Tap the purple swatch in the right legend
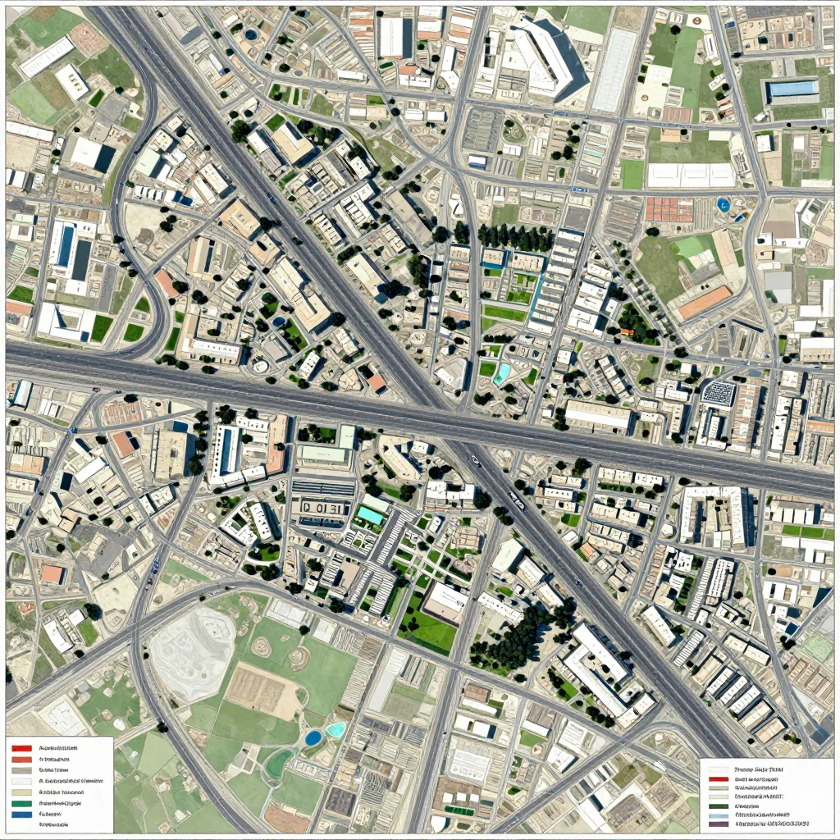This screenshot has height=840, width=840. (719, 823)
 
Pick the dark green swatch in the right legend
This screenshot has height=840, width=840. (719, 805)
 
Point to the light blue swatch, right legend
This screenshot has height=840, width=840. (719, 814)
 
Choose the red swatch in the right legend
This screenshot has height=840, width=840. (719, 778)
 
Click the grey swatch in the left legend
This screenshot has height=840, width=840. (22, 771)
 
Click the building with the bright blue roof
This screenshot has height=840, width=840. (792, 89)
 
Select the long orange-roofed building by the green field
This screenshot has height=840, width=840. (703, 303)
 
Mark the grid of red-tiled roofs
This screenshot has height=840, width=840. (669, 209)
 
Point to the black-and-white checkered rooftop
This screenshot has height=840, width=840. (718, 393)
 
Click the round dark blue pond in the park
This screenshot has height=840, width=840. (313, 737)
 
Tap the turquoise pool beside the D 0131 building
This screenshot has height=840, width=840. (370, 515)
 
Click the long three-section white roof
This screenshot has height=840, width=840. (691, 175)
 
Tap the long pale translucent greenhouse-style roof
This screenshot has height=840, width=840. (614, 71)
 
